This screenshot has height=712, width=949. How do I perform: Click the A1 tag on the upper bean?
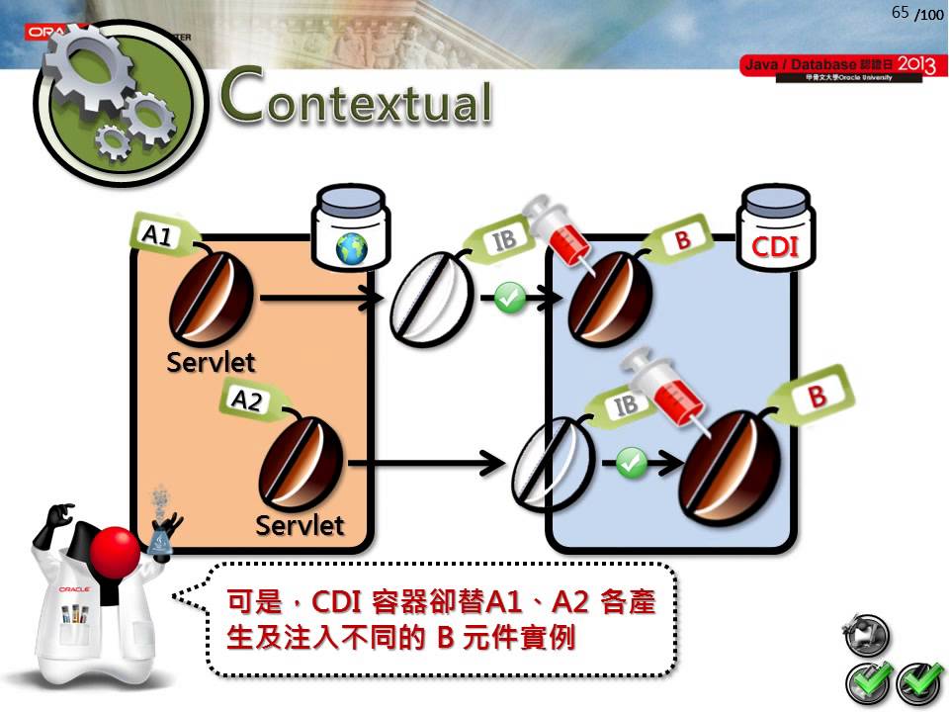158,235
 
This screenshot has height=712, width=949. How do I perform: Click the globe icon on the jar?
351,248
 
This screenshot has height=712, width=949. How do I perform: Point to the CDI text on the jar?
774,247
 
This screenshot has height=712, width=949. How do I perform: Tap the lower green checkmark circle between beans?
631,461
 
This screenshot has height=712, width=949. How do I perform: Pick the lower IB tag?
626,405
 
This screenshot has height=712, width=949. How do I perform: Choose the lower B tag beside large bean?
817,398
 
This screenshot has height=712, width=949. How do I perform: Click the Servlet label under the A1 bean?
211,363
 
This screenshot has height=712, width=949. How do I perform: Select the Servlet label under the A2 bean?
300,525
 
